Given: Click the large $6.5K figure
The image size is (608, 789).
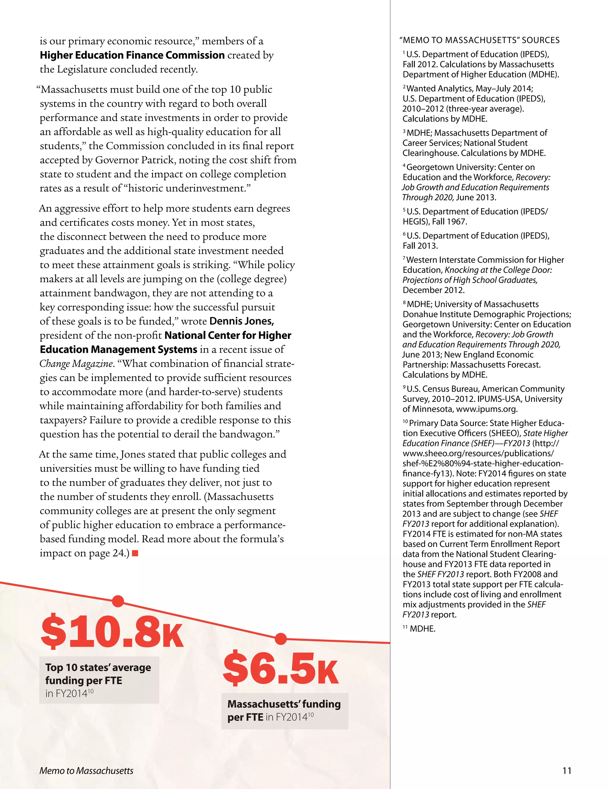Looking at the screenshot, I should (281, 669).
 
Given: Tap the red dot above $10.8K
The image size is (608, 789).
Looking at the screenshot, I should (118, 601).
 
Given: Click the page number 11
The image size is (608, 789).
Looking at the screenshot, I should (567, 771).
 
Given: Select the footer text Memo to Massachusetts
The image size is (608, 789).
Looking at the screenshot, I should (86, 771).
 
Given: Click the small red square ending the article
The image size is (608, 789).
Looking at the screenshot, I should (135, 553).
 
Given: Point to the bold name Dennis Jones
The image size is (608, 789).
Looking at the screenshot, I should (241, 321).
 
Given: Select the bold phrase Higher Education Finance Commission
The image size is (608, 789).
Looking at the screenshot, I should (132, 55).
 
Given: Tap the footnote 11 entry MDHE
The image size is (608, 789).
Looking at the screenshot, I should (422, 628).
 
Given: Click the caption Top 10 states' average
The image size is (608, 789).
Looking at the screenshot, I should (98, 667).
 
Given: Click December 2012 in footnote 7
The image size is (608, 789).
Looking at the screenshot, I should (433, 290).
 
